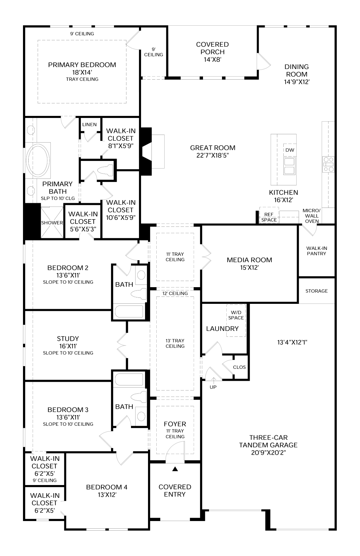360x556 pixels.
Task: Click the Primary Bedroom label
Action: click(82, 65)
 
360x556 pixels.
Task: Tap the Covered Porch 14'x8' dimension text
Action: click(212, 60)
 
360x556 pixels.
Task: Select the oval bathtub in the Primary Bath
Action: click(38, 160)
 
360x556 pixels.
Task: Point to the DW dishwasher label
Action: click(290, 150)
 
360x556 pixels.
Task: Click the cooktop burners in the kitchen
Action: click(328, 164)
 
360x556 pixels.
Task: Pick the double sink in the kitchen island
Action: click(289, 166)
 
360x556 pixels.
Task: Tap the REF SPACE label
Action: click(269, 217)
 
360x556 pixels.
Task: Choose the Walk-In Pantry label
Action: click(317, 251)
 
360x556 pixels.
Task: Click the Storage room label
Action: click(317, 291)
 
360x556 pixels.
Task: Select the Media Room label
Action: click(249, 260)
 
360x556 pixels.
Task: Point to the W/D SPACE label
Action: click(236, 315)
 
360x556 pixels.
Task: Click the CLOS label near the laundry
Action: click(239, 367)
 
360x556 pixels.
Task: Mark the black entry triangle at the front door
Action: click(175, 469)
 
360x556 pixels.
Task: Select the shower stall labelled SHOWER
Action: click(52, 223)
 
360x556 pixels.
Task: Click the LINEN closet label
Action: click(89, 125)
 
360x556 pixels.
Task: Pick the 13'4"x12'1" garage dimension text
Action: click(292, 342)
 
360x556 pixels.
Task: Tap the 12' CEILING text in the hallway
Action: click(175, 293)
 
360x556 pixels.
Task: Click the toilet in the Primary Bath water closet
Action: click(105, 170)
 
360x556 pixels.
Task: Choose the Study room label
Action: click(68, 338)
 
